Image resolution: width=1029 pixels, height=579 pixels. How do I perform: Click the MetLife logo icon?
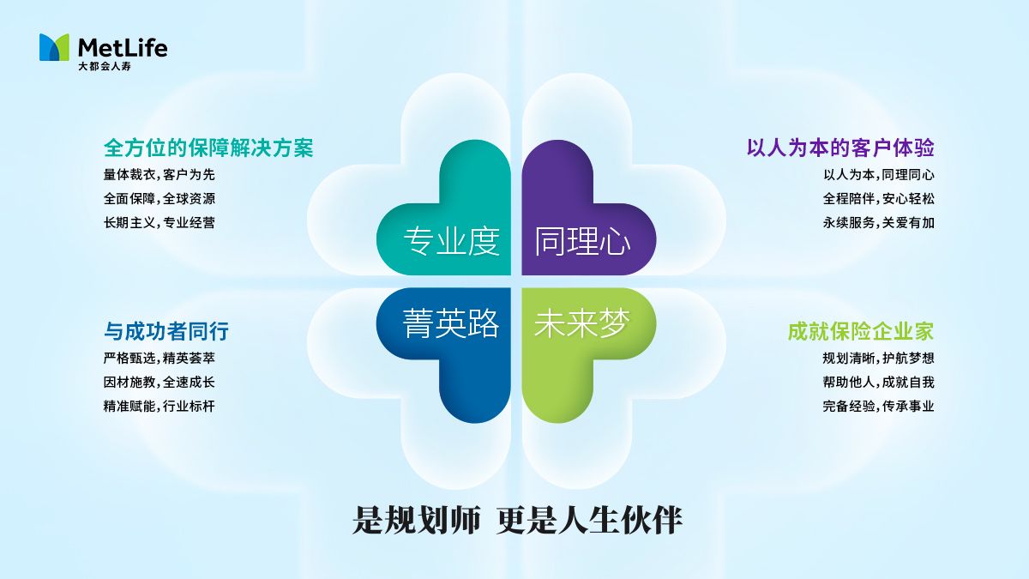coord(54,47)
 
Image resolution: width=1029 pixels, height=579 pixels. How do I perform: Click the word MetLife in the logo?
coord(123,48)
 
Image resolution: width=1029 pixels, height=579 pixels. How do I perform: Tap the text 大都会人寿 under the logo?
coord(105,66)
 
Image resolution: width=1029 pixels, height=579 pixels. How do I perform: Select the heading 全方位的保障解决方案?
coord(208,148)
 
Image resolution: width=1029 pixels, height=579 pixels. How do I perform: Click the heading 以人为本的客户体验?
coord(840,148)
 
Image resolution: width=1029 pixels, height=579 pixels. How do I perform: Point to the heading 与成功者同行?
coord(166,331)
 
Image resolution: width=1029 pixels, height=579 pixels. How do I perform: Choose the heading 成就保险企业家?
coord(861,331)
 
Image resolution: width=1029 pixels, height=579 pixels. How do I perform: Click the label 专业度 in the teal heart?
coord(452,241)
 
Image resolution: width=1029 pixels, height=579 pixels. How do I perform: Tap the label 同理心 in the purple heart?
coord(582,241)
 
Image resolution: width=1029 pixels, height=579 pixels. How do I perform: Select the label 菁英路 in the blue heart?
coord(451,323)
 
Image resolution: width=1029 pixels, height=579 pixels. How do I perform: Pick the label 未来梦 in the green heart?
coord(581,323)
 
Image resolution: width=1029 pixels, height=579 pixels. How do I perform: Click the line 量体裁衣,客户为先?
coord(159,175)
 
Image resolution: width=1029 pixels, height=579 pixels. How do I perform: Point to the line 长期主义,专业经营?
coord(159,223)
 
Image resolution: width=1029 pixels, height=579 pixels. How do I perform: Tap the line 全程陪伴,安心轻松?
coord(879,199)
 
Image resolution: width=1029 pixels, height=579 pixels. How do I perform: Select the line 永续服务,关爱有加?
coord(879,223)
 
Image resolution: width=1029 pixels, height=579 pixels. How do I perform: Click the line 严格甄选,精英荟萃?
coord(159,358)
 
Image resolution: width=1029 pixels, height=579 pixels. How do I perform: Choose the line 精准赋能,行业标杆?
coord(159,407)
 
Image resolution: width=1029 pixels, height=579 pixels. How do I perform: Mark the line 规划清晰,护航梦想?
coord(879,358)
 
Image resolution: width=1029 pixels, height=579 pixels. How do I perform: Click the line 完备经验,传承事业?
coord(879,407)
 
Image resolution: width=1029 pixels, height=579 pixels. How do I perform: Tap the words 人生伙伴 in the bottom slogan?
coord(621,520)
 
